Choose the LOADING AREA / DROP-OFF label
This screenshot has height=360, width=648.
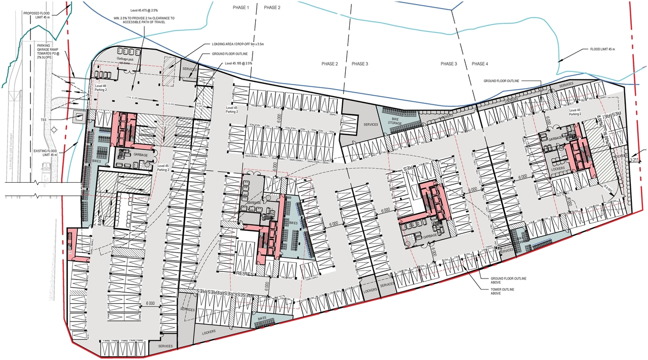click(x=238, y=44)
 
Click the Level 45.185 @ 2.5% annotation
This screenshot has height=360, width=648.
click(x=238, y=63)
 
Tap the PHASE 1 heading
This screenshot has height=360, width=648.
click(x=240, y=8)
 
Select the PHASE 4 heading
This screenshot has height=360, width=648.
click(x=479, y=64)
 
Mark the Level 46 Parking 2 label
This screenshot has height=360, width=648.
click(x=100, y=89)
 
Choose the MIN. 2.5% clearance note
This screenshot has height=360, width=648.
click(x=144, y=21)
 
